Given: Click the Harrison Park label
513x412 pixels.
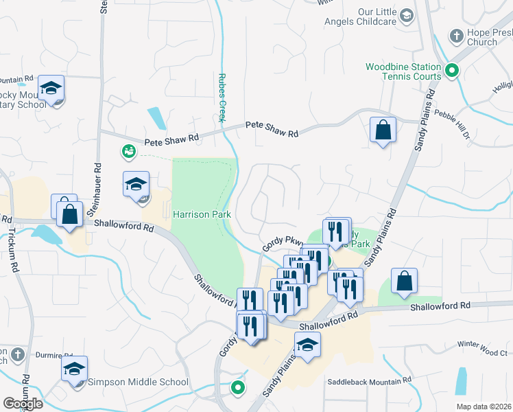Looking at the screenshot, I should (x=201, y=215).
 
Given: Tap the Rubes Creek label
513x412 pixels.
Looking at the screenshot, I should (x=222, y=98).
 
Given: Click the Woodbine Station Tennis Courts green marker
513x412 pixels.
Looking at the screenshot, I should (x=452, y=69).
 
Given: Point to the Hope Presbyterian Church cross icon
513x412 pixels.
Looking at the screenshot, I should (x=456, y=35).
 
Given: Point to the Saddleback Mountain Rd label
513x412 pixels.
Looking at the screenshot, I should (x=369, y=380).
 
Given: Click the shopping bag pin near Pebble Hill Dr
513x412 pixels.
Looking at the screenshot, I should (x=383, y=129).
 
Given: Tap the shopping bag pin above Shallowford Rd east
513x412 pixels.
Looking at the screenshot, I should (x=405, y=280).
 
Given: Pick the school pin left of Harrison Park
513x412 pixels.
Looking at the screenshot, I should (x=136, y=185).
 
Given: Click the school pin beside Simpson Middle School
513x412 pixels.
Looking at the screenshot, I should (x=74, y=369).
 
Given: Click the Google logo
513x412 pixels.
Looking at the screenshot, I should (x=23, y=404).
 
